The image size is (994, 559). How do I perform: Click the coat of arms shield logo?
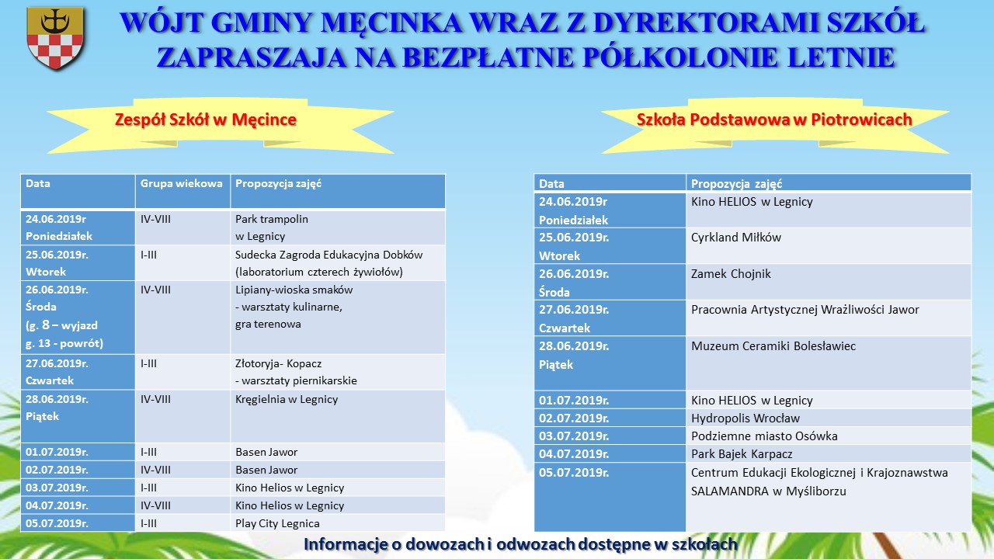click(55, 38)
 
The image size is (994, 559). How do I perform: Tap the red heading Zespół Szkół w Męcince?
click(206, 120)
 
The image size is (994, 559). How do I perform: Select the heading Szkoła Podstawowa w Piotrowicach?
click(774, 120)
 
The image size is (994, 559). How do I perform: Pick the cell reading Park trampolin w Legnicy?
click(337, 227)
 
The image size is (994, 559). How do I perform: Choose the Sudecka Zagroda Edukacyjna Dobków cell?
click(337, 263)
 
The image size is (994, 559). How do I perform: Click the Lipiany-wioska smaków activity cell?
click(337, 318)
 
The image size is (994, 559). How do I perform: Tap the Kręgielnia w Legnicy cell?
click(337, 417)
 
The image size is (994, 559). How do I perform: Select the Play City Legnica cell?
click(337, 523)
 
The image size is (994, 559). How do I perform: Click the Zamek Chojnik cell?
click(828, 282)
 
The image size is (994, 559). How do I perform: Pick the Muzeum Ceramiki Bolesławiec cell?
click(828, 363)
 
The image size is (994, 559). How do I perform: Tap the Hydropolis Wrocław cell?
click(828, 418)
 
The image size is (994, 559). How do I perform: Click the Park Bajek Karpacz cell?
click(828, 454)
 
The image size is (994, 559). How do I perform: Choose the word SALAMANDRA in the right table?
click(729, 491)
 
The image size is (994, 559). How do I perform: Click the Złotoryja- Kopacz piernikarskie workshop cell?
click(337, 372)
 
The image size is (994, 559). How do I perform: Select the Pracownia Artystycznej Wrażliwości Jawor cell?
click(828, 318)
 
